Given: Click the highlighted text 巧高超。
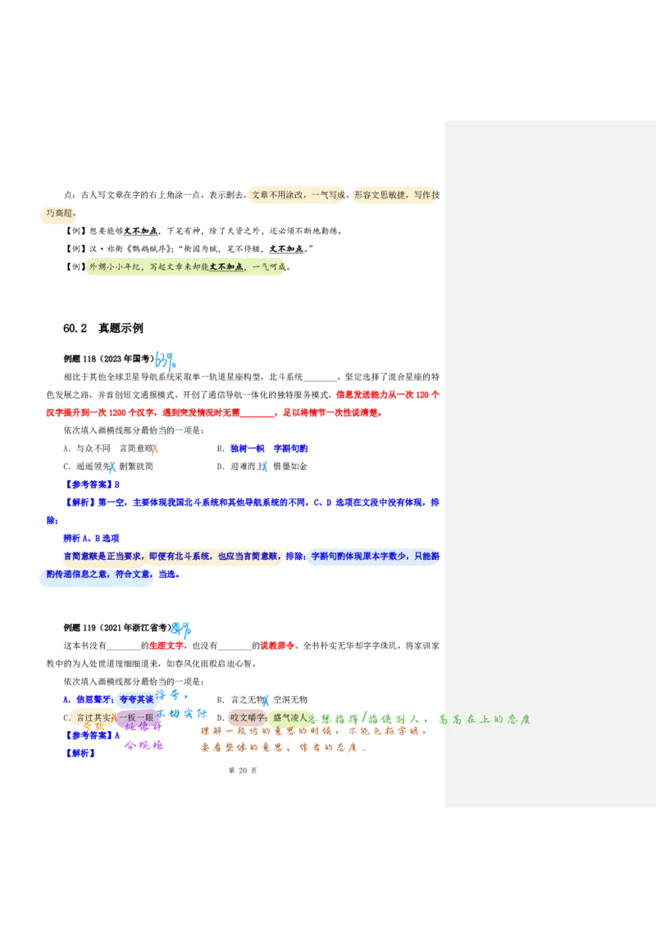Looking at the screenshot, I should click(61, 214).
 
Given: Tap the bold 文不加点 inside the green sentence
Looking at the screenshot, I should click(226, 267).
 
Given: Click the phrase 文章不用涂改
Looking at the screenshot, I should click(279, 195).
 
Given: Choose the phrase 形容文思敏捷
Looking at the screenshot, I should click(380, 195).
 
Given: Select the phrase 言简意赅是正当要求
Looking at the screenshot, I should click(102, 556).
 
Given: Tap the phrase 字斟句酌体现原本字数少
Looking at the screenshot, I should click(358, 556).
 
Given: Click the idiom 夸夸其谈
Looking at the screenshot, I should click(136, 699).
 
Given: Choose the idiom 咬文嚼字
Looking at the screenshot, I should click(248, 717).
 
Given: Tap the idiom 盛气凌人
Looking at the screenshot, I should click(290, 717).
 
